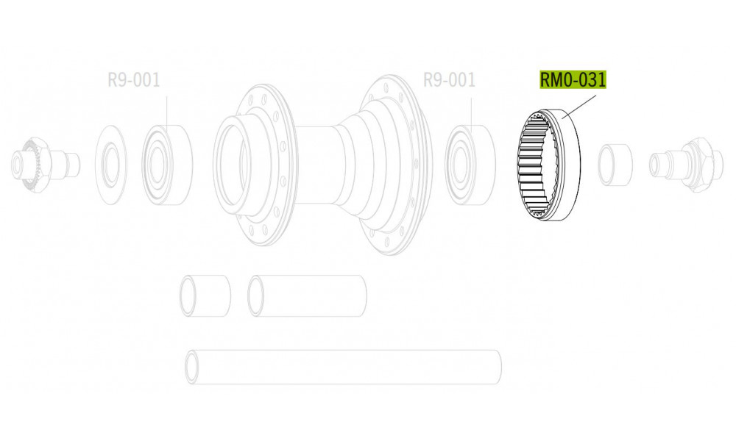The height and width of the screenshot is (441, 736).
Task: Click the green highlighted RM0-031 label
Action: tap(573, 79)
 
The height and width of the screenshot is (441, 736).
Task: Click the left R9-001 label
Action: tap(133, 79)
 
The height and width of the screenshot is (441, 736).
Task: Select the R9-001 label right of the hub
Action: tap(449, 79)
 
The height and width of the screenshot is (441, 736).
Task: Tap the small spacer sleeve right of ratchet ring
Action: tap(615, 163)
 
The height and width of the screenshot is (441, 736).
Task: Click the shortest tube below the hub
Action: tap(205, 295)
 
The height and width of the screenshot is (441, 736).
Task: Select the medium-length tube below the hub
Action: tap(308, 295)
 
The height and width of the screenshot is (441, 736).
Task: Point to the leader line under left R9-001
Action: tap(166, 110)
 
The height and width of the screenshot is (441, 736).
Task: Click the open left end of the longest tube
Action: tap(193, 367)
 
